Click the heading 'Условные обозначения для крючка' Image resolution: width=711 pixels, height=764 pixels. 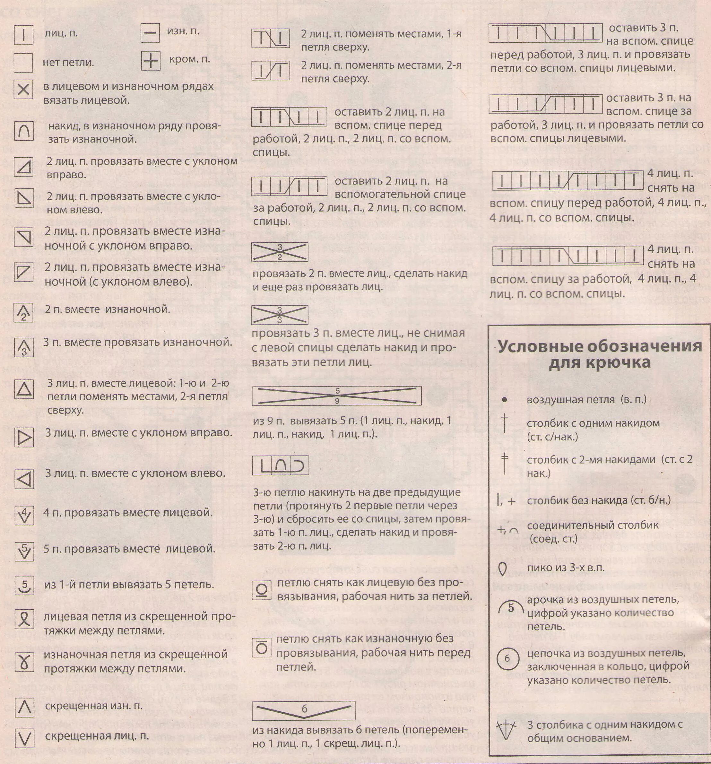pos(600,354)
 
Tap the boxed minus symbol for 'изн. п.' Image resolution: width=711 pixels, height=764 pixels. pos(150,33)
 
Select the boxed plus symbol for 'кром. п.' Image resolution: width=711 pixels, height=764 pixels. pos(150,61)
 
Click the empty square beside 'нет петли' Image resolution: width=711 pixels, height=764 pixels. pos(23,63)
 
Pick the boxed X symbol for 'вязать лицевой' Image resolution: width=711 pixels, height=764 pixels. pos(23,90)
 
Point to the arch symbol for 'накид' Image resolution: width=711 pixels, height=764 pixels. pos(24,131)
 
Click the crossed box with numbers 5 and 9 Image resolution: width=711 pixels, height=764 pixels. pos(337,396)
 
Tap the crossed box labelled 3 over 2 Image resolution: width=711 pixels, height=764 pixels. pos(280,252)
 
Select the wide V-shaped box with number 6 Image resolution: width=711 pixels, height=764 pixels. pos(304,711)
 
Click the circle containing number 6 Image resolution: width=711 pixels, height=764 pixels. pos(507,658)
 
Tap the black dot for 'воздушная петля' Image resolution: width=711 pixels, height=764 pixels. pos(505,400)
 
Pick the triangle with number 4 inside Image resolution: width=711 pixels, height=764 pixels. pos(24,515)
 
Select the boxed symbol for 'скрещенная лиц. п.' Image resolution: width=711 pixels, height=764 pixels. pos(24,738)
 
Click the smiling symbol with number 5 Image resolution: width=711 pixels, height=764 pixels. pos(24,586)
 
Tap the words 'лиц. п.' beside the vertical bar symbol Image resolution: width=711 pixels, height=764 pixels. pos(62,33)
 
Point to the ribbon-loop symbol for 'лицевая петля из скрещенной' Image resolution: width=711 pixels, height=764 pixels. pos(24,618)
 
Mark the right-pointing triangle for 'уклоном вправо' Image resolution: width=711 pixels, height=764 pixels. pos(24,437)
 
